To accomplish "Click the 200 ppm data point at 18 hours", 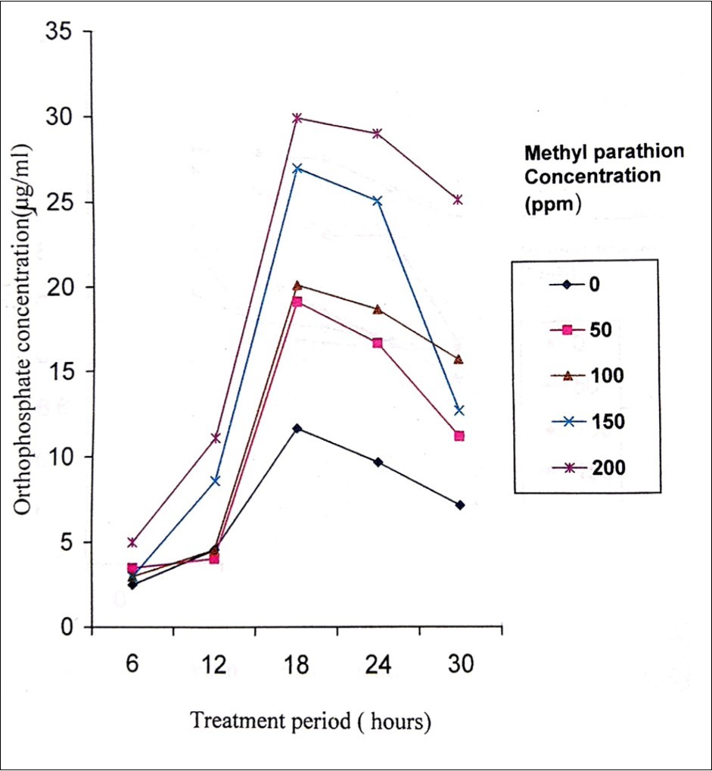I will (297, 118).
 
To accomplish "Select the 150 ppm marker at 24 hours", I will (377, 201).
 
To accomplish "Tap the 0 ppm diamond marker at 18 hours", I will (297, 429).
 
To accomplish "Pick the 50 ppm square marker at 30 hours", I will (459, 435).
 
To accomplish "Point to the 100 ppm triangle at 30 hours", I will (459, 359).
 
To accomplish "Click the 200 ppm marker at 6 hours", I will (132, 542).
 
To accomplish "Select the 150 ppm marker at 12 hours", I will (215, 480).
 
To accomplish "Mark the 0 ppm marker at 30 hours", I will (459, 504).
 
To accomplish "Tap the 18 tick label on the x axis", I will (297, 666).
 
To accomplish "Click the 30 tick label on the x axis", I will (460, 666).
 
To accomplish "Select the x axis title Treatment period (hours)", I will (310, 721).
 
